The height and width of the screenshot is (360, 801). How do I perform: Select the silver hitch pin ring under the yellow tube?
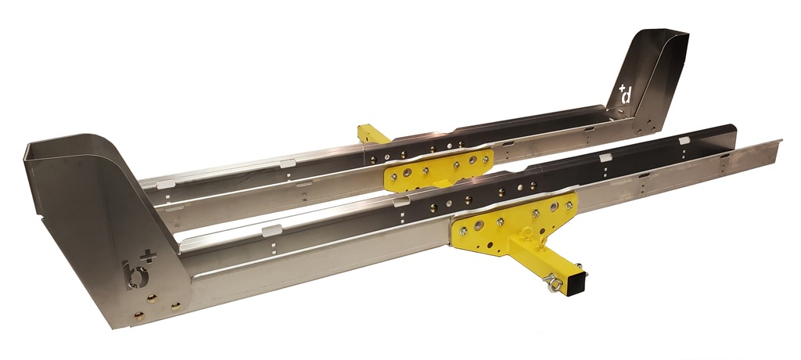click(x=554, y=283)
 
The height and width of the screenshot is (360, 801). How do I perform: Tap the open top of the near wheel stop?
click(x=74, y=146)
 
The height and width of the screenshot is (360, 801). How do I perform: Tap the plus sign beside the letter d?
click(x=622, y=88)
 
